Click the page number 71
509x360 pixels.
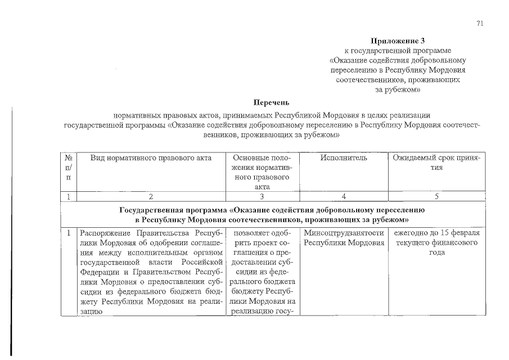pyautogui.click(x=479, y=23)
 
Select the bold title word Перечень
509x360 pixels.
pyautogui.click(x=271, y=102)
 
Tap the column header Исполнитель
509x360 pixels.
pyautogui.click(x=344, y=158)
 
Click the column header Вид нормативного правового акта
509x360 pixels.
pyautogui.click(x=151, y=158)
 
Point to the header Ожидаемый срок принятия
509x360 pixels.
pyautogui.click(x=437, y=163)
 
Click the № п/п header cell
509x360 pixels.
pyautogui.click(x=68, y=167)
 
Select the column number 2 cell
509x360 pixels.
pyautogui.click(x=151, y=196)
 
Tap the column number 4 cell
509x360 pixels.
pyautogui.click(x=344, y=196)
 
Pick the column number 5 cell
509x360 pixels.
pyautogui.click(x=437, y=196)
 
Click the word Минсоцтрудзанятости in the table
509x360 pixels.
pyautogui.click(x=344, y=233)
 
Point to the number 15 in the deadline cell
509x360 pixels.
pyautogui.click(x=446, y=233)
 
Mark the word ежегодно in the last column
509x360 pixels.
pyautogui.click(x=411, y=233)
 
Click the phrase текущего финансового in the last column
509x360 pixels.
pyautogui.click(x=436, y=242)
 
